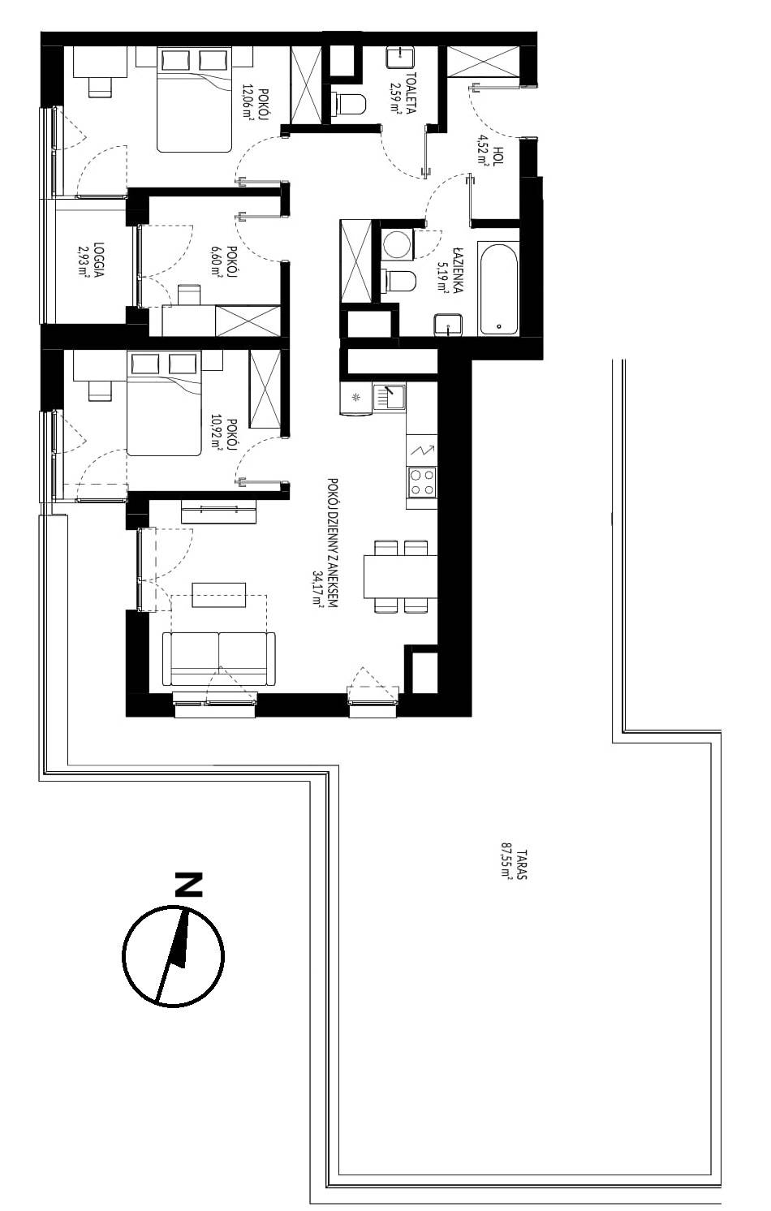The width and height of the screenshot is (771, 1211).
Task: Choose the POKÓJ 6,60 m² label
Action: click(x=224, y=261)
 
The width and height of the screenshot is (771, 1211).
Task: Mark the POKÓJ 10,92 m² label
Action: click(x=225, y=433)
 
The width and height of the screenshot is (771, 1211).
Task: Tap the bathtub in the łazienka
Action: click(x=498, y=289)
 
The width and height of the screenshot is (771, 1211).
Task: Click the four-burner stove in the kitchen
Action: click(x=422, y=482)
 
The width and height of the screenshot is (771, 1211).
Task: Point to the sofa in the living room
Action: click(x=219, y=658)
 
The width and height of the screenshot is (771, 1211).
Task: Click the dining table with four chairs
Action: click(x=401, y=576)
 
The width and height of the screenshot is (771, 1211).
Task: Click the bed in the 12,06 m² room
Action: click(x=194, y=100)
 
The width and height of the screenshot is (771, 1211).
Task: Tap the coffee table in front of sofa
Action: click(x=219, y=595)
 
